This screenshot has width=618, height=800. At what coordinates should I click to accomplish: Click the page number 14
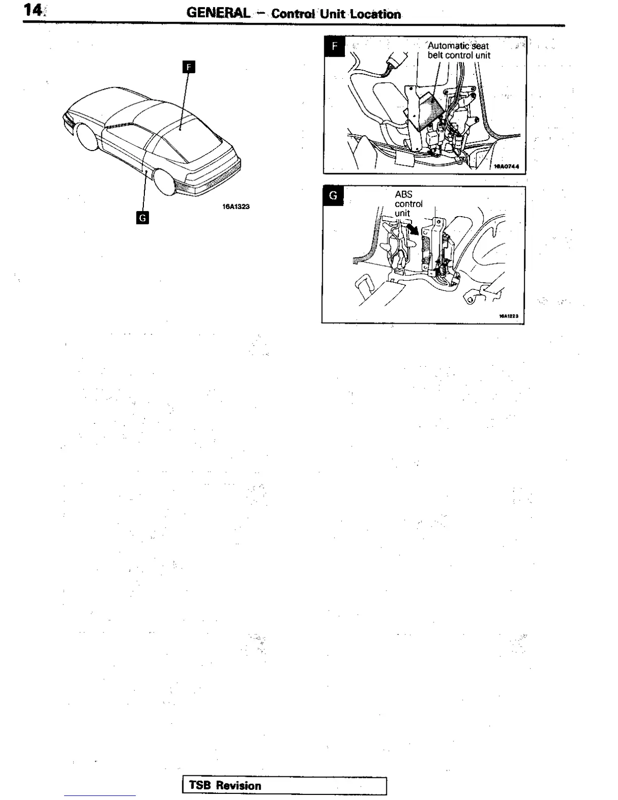pyautogui.click(x=34, y=11)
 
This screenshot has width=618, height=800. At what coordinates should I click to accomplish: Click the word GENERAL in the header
pyautogui.click(x=218, y=13)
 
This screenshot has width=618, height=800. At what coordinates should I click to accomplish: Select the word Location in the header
pyautogui.click(x=376, y=14)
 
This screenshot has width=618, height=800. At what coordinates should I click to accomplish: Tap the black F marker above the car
pyautogui.click(x=188, y=67)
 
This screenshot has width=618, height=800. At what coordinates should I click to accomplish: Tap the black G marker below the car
pyautogui.click(x=143, y=218)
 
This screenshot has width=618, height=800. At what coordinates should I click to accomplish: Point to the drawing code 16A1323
pyautogui.click(x=236, y=207)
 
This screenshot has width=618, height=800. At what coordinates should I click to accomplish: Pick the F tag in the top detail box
pyautogui.click(x=334, y=47)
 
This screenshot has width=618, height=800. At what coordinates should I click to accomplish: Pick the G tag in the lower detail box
pyautogui.click(x=333, y=195)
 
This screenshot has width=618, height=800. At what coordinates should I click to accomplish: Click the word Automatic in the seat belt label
pyautogui.click(x=449, y=46)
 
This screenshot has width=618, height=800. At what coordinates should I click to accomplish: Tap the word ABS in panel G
pyautogui.click(x=403, y=194)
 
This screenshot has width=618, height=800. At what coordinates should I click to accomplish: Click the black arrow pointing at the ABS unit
pyautogui.click(x=414, y=230)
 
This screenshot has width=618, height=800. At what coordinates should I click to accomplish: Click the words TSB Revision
pyautogui.click(x=225, y=785)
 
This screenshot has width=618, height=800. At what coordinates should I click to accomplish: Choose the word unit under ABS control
pyautogui.click(x=402, y=213)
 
